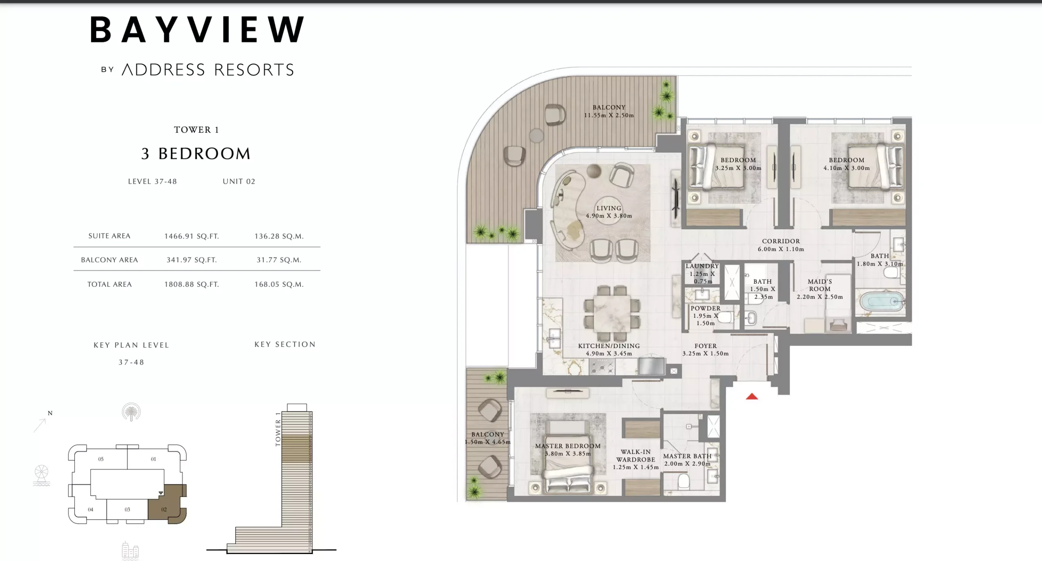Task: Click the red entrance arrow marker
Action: pos(752,396)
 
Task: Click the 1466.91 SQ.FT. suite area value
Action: pos(191,236)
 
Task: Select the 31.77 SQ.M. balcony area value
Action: pos(279,260)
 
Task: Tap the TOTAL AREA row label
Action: pos(109,284)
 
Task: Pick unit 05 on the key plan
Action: pos(101,459)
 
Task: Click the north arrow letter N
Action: pos(50,413)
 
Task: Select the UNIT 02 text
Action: pos(239,181)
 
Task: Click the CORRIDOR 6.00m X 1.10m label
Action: pos(781,245)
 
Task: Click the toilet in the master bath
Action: pos(683,481)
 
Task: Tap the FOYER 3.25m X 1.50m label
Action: pos(705,350)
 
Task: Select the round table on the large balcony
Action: pos(536,135)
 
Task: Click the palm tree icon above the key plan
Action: pos(131,412)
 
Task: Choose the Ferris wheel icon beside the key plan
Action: pos(42,475)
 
